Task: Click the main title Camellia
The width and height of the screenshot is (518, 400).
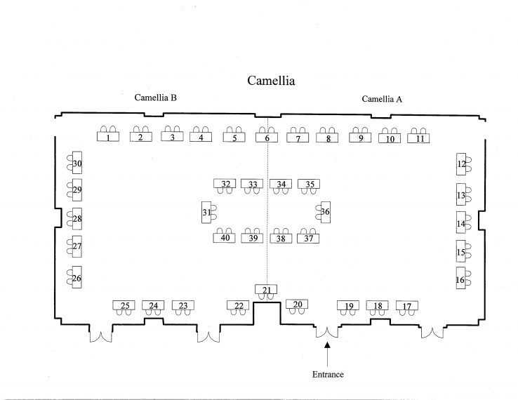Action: coord(271,81)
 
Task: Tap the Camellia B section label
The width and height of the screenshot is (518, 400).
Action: coord(155,98)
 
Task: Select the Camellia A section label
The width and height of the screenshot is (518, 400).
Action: coord(382,99)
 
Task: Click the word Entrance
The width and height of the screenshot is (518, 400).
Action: coord(328,374)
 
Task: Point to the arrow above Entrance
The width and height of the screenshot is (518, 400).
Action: coord(327,354)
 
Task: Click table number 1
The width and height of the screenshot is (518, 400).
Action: coord(108,136)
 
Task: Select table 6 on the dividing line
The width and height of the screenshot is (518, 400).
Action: coord(267,138)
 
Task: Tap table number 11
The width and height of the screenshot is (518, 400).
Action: coord(418,138)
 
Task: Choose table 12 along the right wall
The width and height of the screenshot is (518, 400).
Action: coord(461,164)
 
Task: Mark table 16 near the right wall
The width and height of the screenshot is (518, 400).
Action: coord(461,278)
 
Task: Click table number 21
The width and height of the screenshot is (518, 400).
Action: coord(266,289)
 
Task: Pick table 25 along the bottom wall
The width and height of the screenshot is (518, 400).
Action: coord(124,305)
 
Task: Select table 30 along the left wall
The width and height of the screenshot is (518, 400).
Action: coord(77,163)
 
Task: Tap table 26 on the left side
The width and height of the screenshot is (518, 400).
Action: coord(77,277)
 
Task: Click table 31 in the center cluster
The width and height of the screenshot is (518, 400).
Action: coord(206,212)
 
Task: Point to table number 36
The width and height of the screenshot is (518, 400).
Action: coord(326,212)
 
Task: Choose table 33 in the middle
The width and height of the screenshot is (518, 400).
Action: coord(252,184)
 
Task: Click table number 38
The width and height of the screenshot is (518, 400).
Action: coord(281,238)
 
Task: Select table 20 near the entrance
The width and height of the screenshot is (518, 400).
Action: coord(297,304)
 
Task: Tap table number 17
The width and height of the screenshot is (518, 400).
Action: coord(407,305)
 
